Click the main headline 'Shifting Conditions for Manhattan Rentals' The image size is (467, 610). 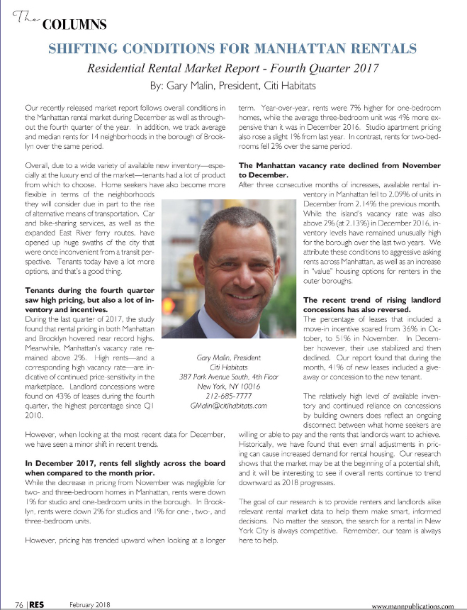tap(232, 50)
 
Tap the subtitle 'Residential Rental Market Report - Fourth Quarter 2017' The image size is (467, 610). tap(232, 70)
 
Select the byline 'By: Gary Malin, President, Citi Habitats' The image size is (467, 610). tap(232, 87)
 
